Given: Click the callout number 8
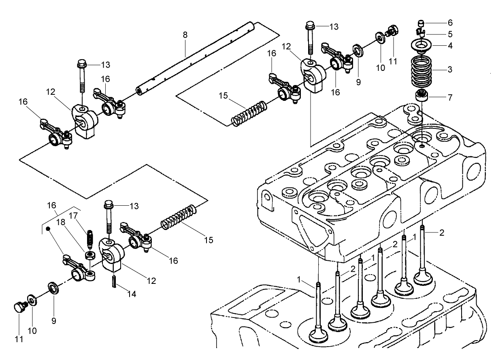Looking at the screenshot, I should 185,35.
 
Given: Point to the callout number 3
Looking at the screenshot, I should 449,69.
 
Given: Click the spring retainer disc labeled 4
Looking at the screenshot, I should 421,45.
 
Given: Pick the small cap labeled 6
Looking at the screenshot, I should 421,23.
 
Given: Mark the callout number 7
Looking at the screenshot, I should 449,97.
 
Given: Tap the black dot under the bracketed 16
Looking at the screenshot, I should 48,229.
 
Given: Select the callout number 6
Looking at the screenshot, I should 450,22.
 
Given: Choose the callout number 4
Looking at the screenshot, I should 450,45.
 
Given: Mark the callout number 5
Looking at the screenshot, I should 450,34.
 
